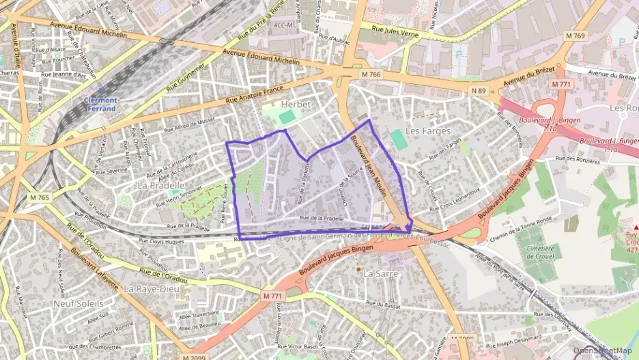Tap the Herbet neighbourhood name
coord(296,104)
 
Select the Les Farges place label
coord(428,130)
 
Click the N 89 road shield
coord(478,89)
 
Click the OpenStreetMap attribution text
coord(602,350)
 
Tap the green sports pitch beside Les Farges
coord(398,140)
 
